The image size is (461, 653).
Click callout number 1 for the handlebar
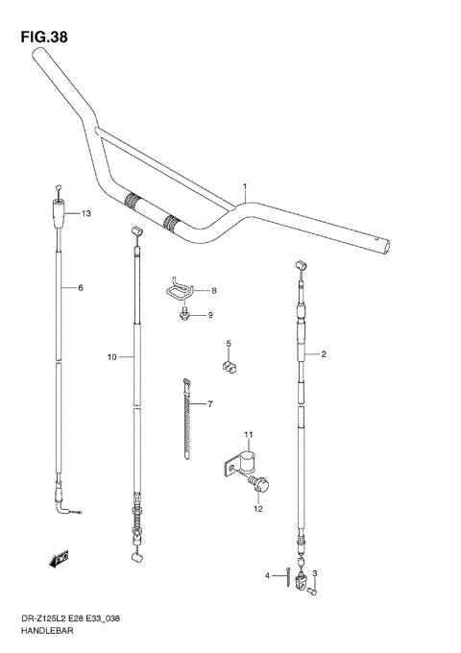point(245,186)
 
